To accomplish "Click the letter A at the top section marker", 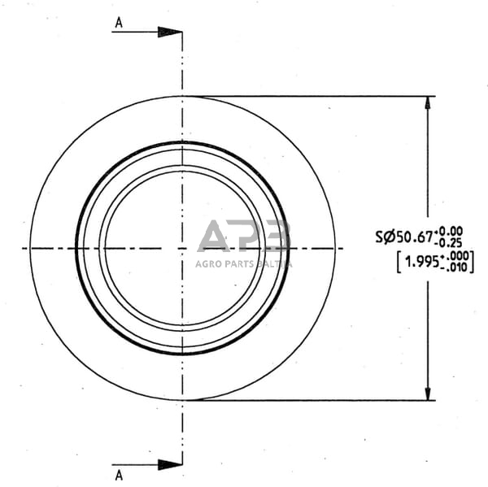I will coord(119,23).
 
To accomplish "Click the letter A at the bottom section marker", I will coord(119,473).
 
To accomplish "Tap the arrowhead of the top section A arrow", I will coord(169,33).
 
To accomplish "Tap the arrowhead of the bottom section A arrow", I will coord(169,464).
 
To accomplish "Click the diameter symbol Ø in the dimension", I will coord(388,237).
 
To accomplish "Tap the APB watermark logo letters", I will coord(243,237).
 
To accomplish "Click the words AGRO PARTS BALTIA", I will coord(243,263).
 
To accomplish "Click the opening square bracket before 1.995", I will coord(399,262).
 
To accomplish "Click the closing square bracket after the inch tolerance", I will coord(473,262).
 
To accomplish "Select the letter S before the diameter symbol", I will coord(379,237).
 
